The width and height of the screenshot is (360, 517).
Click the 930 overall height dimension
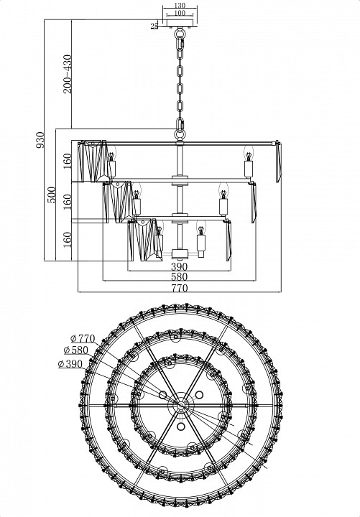(40, 140)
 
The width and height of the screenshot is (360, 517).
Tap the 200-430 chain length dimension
(68, 74)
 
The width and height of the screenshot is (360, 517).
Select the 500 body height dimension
(51, 195)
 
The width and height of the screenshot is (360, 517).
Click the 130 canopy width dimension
(180, 6)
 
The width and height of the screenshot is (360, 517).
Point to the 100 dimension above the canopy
(180, 13)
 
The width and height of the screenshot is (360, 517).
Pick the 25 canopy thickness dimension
(154, 26)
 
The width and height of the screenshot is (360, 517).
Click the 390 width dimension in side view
(179, 266)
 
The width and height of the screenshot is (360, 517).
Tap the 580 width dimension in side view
(179, 276)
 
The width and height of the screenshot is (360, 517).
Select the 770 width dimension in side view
(179, 288)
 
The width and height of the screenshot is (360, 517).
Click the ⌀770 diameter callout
(83, 339)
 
